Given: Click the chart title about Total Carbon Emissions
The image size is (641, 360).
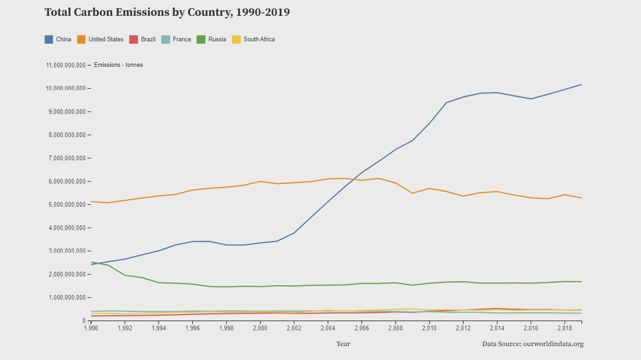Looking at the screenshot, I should pos(167,13).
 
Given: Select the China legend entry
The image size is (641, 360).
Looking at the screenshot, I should pos(58,39).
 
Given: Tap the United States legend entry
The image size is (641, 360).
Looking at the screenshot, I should pos(100,39).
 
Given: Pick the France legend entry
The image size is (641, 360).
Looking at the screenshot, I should pos(176,39).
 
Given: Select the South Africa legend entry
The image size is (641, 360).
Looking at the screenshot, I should pos(253,39).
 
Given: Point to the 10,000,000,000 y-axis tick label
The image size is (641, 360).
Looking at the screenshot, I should pos(66,88).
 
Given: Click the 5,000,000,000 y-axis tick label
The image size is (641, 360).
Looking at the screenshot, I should pos(66,204).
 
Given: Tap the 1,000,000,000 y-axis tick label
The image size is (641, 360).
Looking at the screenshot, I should pos(66,297).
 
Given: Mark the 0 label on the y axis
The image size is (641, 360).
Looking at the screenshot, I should pos(84,321).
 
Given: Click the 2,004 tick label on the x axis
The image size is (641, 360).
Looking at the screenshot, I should pos(328,328).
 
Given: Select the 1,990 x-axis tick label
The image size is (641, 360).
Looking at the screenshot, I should pos(91,328).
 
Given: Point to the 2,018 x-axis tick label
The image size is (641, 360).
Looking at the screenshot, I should pos(565,328).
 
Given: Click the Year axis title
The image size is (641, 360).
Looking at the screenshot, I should pos(343,344).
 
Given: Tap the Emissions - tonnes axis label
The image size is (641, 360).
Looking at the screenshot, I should pos(118,65).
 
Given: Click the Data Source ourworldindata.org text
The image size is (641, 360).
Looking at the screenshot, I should pos(533,344).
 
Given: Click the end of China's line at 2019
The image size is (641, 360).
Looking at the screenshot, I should pos(582,85).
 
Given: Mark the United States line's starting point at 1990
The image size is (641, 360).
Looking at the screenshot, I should pos(91,202).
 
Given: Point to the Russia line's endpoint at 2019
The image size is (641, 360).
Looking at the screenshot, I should pos(582,281).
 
